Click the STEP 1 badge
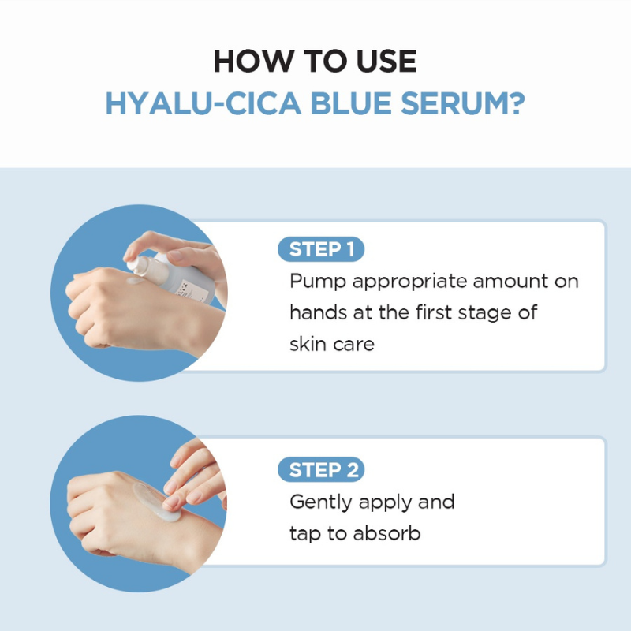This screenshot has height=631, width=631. (321, 250)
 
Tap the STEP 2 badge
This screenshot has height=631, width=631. (321, 471)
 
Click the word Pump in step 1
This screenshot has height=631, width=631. (318, 282)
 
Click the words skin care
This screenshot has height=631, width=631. (332, 345)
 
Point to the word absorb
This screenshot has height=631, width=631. (385, 534)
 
